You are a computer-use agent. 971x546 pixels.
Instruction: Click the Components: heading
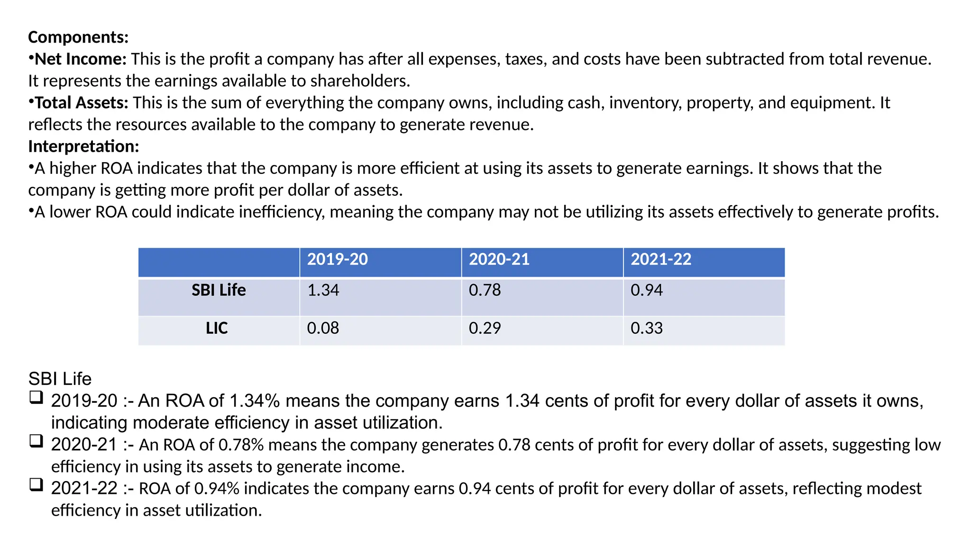click(x=78, y=37)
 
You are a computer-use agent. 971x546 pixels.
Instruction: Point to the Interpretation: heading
click(x=83, y=146)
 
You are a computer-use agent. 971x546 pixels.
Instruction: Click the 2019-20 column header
click(x=337, y=259)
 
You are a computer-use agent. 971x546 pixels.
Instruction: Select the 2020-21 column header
click(x=499, y=259)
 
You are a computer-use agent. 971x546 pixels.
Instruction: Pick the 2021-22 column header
click(x=660, y=259)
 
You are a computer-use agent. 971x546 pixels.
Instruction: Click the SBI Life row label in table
click(x=219, y=290)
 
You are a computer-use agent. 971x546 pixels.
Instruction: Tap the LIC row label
click(x=217, y=328)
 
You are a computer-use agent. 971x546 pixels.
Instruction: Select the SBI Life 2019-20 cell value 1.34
click(x=323, y=290)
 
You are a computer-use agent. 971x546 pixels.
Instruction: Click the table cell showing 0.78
click(x=485, y=290)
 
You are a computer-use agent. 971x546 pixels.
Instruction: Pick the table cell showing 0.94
click(x=646, y=290)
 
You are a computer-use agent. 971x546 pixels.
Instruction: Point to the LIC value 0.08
click(x=323, y=328)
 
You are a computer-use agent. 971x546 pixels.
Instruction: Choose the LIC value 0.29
click(x=485, y=328)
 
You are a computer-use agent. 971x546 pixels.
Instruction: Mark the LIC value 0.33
click(x=646, y=328)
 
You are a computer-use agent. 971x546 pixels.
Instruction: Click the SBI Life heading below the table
click(x=60, y=379)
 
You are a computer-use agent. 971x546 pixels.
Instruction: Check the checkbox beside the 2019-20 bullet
click(x=36, y=397)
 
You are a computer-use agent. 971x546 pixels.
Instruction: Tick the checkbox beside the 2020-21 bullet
click(x=36, y=441)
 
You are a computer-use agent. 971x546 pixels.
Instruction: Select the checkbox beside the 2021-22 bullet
click(x=36, y=485)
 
